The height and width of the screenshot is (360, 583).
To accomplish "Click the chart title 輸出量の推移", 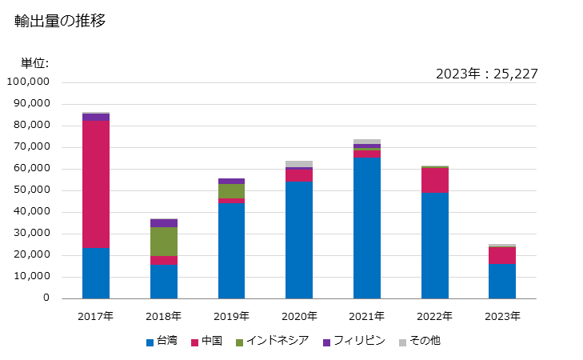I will point(60,22).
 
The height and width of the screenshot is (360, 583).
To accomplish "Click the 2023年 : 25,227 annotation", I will point(486,74).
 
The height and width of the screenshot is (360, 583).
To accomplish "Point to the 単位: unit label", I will point(34,63).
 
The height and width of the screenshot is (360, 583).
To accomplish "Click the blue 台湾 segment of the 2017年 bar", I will point(96,273).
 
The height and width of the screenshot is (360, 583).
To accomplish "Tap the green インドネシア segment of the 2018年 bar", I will point(164,242).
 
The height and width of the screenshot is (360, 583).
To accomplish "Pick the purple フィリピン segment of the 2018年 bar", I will point(164,223).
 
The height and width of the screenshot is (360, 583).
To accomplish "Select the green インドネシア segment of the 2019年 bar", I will point(231,191).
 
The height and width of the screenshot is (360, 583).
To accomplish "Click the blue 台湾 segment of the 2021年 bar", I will point(367,228).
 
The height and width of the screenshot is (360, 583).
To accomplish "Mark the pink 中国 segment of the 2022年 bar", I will point(435,180).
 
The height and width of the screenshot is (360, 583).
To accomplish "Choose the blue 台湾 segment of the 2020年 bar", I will point(299,240).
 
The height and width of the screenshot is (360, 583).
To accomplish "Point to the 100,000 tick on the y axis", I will point(28,82).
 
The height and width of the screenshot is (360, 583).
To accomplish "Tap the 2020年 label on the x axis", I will point(299,316).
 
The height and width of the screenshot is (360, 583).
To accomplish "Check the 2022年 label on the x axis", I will point(435,316).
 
